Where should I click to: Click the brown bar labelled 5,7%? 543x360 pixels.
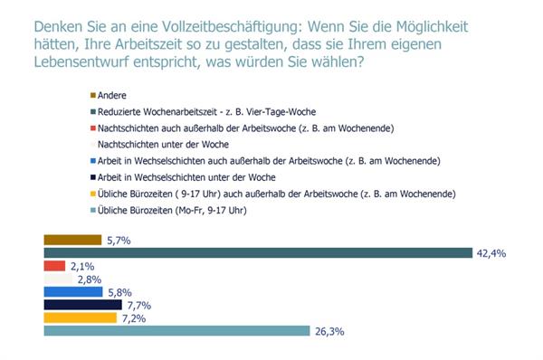(x=72, y=240)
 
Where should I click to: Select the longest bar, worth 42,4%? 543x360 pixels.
(x=258, y=253)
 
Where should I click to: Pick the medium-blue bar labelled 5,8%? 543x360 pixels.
(x=72, y=292)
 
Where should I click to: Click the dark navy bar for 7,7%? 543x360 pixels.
(x=82, y=305)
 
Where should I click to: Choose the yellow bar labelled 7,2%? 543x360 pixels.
(x=80, y=318)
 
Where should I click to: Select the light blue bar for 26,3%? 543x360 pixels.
(x=176, y=331)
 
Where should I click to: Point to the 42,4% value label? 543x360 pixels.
(x=491, y=254)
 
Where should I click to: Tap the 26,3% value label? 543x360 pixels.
(x=329, y=332)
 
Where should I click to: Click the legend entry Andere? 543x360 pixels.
(x=112, y=95)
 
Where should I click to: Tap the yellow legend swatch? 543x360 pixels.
(x=93, y=194)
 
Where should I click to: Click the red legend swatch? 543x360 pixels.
(x=93, y=128)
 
